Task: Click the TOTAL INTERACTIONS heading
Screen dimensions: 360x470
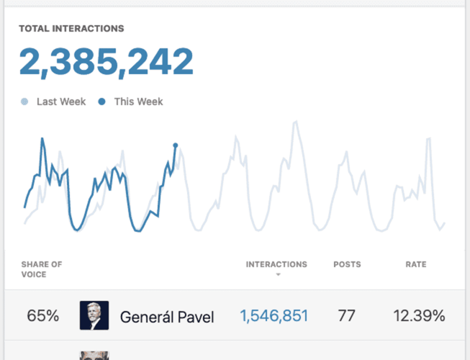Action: [71, 29]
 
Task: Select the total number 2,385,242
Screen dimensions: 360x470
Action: [106, 63]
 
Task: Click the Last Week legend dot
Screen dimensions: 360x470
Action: [25, 102]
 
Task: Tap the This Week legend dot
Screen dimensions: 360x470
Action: [102, 102]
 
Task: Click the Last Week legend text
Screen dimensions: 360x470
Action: [61, 102]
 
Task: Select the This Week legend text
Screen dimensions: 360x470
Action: [138, 102]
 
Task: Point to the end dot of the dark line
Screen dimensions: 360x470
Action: [175, 145]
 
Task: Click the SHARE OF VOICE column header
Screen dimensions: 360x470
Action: [42, 269]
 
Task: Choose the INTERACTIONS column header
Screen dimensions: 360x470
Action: [276, 264]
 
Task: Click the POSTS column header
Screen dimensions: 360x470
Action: [347, 264]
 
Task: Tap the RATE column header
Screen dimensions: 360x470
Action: [416, 264]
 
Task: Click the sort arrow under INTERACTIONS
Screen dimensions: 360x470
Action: [277, 275]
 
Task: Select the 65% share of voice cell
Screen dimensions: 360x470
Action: [42, 315]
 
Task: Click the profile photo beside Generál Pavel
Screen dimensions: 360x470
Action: [94, 315]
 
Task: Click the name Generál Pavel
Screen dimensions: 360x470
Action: [167, 316]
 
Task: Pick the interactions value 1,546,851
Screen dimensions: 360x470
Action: [274, 315]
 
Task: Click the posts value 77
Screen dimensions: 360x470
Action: [347, 315]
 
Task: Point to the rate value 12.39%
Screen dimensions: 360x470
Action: [419, 315]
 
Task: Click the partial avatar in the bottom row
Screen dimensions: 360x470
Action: [94, 354]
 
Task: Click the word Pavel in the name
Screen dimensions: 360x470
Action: [195, 316]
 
